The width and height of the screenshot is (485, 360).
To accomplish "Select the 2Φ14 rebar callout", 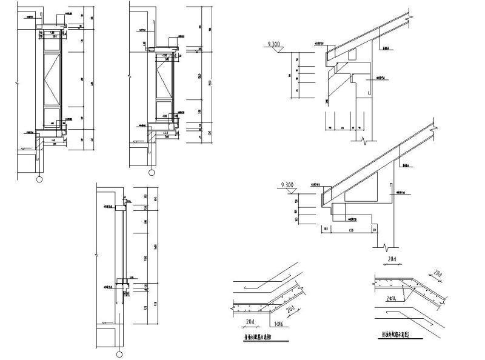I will click(x=392, y=298).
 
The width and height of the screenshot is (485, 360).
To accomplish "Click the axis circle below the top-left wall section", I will click(x=40, y=179).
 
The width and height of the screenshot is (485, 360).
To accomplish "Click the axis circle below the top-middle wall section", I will click(x=149, y=173).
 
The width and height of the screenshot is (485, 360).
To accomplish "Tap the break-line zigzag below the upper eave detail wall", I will click(x=362, y=141).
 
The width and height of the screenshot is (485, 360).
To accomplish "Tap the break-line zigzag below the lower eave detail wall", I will click(x=386, y=247).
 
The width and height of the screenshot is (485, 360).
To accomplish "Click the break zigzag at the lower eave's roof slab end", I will click(x=431, y=128).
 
